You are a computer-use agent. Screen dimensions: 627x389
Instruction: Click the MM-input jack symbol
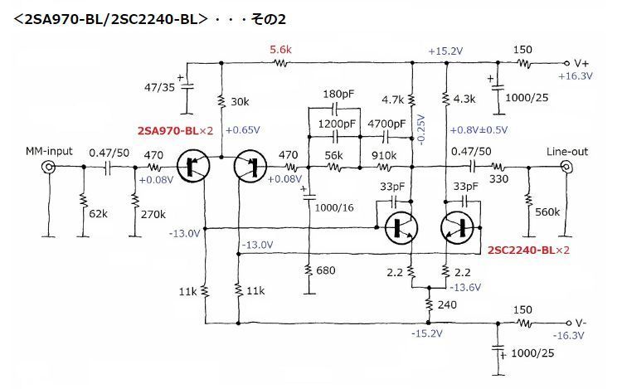click(49, 167)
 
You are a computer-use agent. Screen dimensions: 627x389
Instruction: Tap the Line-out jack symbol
click(566, 167)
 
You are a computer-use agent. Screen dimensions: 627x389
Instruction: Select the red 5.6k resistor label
click(280, 50)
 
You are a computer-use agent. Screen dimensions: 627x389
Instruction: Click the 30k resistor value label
click(240, 102)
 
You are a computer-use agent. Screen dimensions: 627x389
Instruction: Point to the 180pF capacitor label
click(338, 95)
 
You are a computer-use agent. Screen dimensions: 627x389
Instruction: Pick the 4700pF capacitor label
click(386, 124)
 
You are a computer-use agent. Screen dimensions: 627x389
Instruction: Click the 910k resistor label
click(384, 155)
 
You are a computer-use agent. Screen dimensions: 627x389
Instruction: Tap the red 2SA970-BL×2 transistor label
click(175, 131)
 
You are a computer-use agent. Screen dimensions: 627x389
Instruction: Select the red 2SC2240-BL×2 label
click(528, 250)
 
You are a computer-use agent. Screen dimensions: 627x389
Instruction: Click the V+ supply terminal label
click(581, 63)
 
